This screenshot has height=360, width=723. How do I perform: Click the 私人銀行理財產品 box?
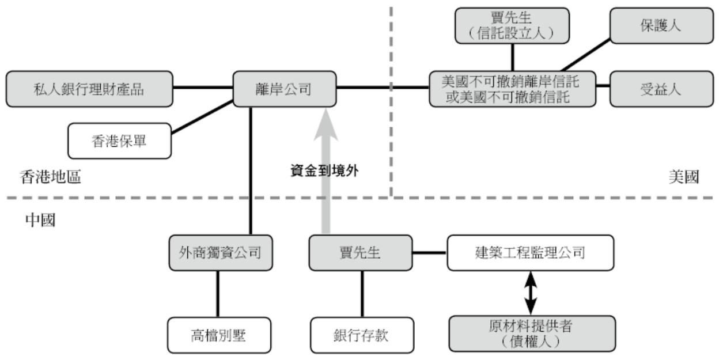tap(89, 89)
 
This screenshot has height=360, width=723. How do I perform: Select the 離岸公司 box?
tap(284, 89)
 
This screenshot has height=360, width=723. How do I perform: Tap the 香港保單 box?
tap(119, 141)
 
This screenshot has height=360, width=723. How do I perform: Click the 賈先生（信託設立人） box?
tap(512, 25)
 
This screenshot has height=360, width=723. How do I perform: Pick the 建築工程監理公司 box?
tap(530, 252)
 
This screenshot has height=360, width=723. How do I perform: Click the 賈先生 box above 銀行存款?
tap(361, 252)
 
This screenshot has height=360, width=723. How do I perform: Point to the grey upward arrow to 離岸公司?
tap(326, 173)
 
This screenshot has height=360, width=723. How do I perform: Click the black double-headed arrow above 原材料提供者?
tap(531, 293)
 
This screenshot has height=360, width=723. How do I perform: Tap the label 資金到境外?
tap(325, 171)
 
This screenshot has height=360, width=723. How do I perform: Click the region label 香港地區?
tap(50, 177)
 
